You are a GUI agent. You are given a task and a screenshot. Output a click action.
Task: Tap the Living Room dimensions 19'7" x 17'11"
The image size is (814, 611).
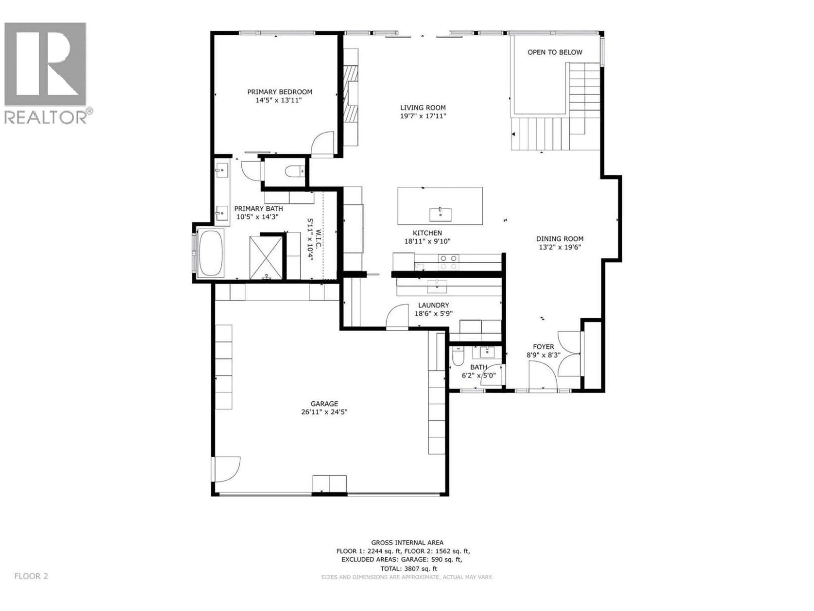[423, 116]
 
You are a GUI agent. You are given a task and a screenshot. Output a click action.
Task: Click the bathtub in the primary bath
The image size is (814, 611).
[210, 253]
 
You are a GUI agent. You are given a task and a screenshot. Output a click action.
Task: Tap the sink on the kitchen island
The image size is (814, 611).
[440, 213]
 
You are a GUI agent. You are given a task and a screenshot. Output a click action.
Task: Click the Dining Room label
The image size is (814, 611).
[559, 239]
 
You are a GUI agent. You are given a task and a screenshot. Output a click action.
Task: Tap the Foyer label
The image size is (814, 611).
[543, 347]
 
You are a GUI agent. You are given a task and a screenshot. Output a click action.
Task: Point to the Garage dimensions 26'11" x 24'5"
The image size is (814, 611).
[324, 412]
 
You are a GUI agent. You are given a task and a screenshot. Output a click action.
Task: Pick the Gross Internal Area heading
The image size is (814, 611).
[407, 542]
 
